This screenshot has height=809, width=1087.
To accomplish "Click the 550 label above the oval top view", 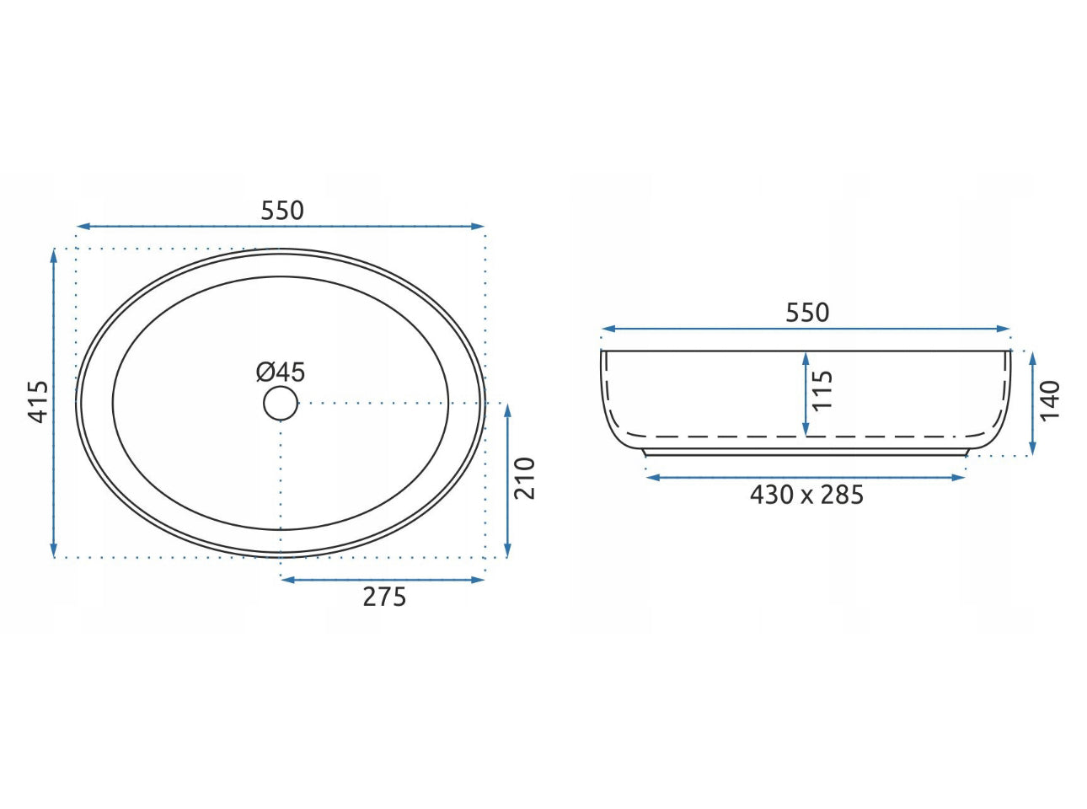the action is [282, 211].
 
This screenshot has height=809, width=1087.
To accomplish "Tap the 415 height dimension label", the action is [38, 402].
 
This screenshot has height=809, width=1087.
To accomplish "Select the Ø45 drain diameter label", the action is [281, 372].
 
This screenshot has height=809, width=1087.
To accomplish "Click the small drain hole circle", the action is [281, 403].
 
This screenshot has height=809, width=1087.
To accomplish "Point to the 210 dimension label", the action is [524, 479].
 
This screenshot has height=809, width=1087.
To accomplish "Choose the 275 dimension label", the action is [385, 597].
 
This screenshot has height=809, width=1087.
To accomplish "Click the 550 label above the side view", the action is [807, 313].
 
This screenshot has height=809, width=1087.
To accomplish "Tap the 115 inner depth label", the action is [822, 390].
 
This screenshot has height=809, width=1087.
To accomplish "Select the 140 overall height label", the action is [1050, 400].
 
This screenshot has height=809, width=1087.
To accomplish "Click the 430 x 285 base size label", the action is [806, 496].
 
